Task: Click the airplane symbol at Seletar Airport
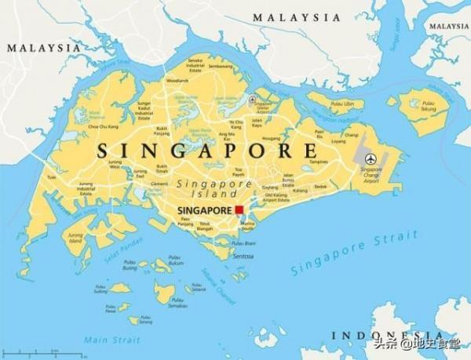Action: click(x=252, y=99)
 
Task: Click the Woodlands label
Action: click(x=177, y=80)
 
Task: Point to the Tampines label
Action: click(x=318, y=162)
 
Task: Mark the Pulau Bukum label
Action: click(x=176, y=264)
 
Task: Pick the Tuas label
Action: click(x=53, y=177)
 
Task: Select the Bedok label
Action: click(x=319, y=187)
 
